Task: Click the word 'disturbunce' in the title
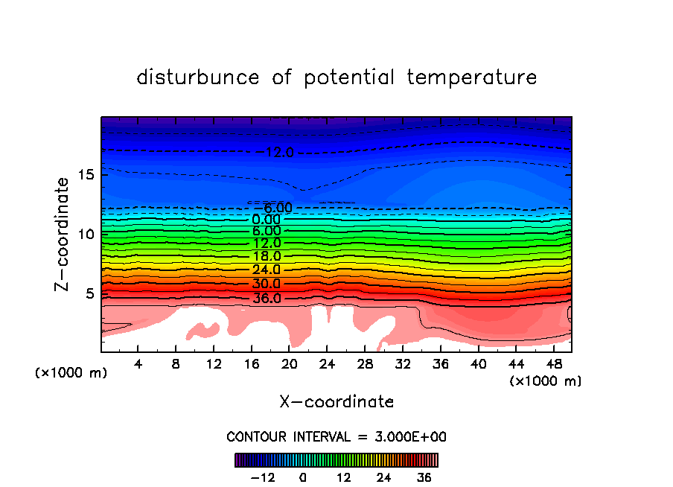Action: click(x=198, y=77)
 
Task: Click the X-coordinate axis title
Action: click(x=336, y=402)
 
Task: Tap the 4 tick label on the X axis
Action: click(x=138, y=365)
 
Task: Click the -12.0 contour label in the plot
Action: click(x=278, y=153)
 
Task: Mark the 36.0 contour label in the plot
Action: click(x=267, y=299)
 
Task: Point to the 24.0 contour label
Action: click(x=267, y=270)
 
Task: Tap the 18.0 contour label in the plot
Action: click(x=267, y=256)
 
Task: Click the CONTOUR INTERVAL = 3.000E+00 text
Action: click(x=336, y=436)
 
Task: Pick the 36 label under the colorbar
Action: click(x=424, y=477)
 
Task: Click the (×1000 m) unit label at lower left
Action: click(x=71, y=373)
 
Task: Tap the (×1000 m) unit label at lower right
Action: click(x=546, y=381)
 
